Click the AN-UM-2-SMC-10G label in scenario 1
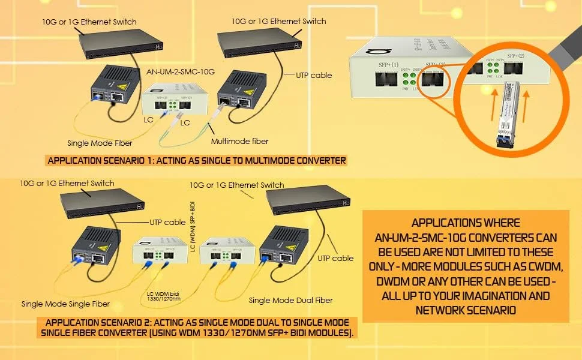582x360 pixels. click(x=181, y=71)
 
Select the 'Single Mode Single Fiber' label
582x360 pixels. click(x=67, y=304)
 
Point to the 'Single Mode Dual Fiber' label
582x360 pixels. click(x=290, y=300)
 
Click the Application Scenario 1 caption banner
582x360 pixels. click(x=196, y=161)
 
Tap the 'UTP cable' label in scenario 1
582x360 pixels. click(x=314, y=76)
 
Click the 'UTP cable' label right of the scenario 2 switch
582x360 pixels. click(x=335, y=258)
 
